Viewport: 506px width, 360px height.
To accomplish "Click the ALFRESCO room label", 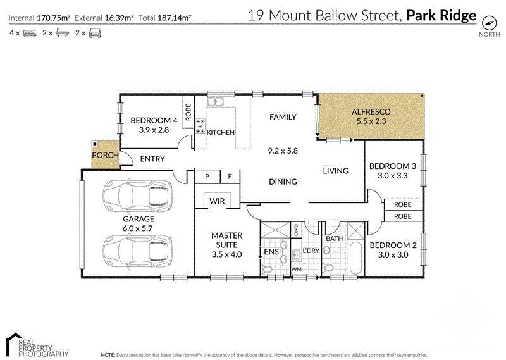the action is [x=371, y=112].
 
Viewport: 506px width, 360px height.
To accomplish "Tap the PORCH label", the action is [x=105, y=155].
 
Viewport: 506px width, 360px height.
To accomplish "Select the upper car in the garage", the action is [x=137, y=196].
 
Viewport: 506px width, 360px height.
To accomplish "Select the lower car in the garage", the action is [x=137, y=250].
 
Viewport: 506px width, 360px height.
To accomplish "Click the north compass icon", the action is [x=488, y=23].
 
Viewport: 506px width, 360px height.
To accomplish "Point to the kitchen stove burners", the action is [x=201, y=126].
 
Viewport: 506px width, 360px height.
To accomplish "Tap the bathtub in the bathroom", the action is [x=355, y=258].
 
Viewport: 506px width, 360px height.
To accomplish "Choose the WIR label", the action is [x=217, y=201].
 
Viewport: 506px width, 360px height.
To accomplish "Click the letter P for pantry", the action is [x=207, y=177].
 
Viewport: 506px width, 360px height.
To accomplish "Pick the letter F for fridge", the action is [x=230, y=177].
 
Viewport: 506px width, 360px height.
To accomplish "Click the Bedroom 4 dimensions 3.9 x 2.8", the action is [x=154, y=130].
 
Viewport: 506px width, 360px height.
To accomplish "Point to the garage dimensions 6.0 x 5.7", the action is [x=137, y=228].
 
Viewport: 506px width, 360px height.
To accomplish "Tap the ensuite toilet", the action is [x=267, y=269].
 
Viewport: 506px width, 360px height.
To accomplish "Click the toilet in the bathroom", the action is [x=329, y=268].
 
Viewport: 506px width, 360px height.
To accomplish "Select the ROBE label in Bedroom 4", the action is [x=188, y=112].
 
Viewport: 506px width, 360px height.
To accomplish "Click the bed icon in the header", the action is [x=30, y=33].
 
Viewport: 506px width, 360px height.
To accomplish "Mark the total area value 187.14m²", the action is [x=175, y=18].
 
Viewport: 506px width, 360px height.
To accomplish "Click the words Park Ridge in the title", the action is [x=441, y=15].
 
